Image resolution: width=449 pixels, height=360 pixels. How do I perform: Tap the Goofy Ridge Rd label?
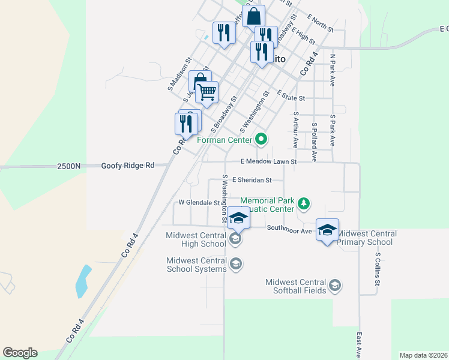128,166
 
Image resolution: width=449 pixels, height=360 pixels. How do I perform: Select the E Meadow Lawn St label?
269,161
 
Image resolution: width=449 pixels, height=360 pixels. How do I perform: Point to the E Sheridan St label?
252,179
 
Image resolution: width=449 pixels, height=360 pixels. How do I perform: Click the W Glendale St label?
198,202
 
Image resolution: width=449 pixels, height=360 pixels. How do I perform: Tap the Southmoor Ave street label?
289,229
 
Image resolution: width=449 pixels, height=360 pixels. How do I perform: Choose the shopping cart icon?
206,92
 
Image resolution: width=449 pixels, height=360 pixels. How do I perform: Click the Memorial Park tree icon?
304,204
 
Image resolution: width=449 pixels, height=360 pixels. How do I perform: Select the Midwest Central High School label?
196,239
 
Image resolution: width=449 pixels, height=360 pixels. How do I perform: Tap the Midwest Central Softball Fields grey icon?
335,285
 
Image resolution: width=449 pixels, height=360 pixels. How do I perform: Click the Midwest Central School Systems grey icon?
236,263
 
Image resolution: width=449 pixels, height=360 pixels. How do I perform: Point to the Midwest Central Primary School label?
364,238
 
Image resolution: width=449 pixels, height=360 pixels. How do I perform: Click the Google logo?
20,353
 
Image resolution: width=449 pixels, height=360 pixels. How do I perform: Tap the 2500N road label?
69,166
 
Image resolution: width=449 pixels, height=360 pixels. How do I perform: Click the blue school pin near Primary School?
327,230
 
